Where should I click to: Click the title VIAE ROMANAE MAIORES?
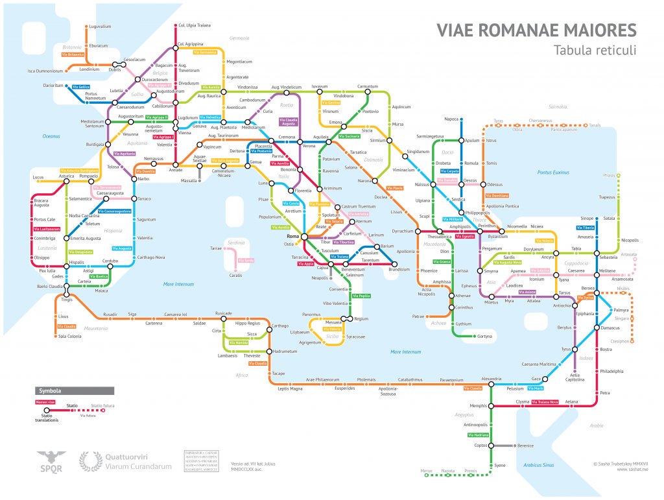(x=536, y=31)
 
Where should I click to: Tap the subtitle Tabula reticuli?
(x=595, y=51)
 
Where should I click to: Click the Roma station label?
(x=292, y=237)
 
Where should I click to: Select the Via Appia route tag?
(x=305, y=264)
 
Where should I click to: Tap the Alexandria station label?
(x=491, y=378)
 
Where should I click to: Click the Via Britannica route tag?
(x=74, y=54)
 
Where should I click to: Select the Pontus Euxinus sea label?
(x=553, y=172)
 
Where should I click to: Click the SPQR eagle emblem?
(x=51, y=461)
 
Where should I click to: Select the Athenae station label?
(x=462, y=296)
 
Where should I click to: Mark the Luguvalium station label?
(x=101, y=27)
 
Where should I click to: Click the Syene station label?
(x=499, y=466)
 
